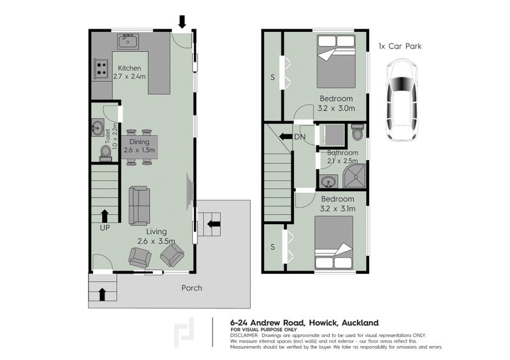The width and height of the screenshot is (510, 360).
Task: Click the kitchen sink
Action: pyautogui.click(x=128, y=41)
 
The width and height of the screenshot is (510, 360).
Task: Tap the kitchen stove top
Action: pyautogui.click(x=101, y=69)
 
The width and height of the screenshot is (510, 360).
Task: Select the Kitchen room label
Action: pyautogui.click(x=129, y=68)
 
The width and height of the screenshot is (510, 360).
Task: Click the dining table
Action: pyautogui.click(x=140, y=147)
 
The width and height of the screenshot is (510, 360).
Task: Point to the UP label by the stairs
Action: pyautogui.click(x=105, y=228)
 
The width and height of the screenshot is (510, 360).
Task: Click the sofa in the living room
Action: pyautogui.click(x=139, y=206)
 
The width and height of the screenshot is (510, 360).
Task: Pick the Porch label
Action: pyautogui.click(x=192, y=288)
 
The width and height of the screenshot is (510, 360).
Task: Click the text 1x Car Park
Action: pyautogui.click(x=400, y=46)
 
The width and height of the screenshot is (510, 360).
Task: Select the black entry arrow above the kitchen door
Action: pyautogui.click(x=182, y=22)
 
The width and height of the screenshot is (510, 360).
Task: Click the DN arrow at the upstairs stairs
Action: pyautogui.click(x=286, y=136)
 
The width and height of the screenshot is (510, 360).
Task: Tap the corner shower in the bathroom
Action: pyautogui.click(x=354, y=176)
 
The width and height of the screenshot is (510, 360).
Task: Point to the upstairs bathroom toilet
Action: pyautogui.click(x=357, y=132)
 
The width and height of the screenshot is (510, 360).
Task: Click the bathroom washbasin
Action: pyautogui.click(x=328, y=182)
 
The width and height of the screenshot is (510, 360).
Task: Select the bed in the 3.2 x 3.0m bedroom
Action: pyautogui.click(x=336, y=61)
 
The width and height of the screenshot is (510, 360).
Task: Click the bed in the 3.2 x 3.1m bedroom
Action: pyautogui.click(x=333, y=242)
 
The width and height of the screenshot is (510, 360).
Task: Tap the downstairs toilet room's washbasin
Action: pyautogui.click(x=98, y=128)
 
